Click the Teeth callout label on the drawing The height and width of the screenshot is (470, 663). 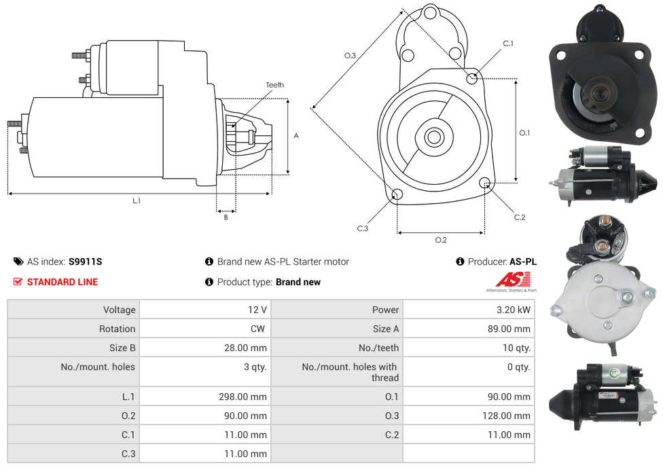274,85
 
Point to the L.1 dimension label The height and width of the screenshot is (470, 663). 137,200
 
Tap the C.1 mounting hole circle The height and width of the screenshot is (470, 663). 472,78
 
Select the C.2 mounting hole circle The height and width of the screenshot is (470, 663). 485,183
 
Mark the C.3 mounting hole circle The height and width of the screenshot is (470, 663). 397,195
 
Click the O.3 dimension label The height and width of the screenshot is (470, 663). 350,56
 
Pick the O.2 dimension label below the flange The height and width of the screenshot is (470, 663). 441,240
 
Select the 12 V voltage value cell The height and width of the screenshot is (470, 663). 257,310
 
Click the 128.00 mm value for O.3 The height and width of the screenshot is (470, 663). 505,416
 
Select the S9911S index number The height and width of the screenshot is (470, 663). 86,261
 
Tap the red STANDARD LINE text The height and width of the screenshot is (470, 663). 62,282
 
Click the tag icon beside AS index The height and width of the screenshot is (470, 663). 18,261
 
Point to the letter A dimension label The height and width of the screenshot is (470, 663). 296,136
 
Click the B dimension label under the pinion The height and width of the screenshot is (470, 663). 226,217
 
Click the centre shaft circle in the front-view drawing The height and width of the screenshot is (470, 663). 433,137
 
